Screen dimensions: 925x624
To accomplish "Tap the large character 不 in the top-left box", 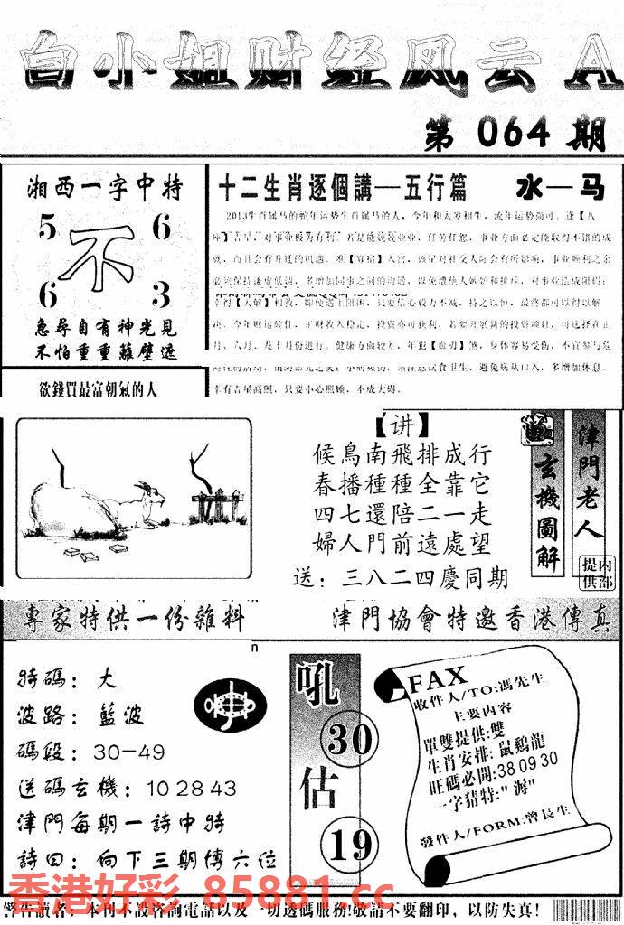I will coord(101,258).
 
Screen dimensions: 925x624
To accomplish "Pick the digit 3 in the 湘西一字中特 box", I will coord(161,294).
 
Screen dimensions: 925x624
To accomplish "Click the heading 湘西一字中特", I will coord(104,189).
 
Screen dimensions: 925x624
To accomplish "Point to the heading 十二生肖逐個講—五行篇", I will coord(343,189).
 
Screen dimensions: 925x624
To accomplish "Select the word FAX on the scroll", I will coord(438,677).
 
